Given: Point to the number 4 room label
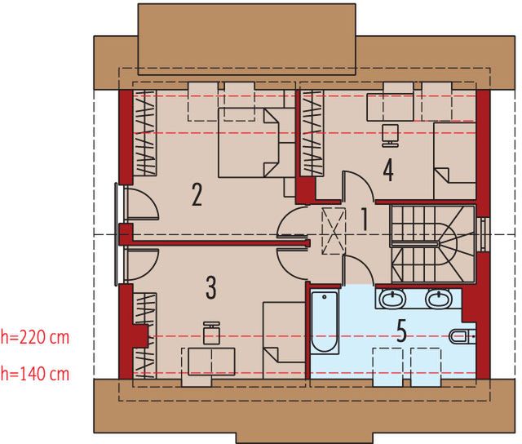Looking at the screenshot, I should point(388,171).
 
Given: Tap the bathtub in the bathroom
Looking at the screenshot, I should point(324,324).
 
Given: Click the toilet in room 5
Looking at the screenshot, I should point(462,335).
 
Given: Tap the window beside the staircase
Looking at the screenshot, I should point(484,234).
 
